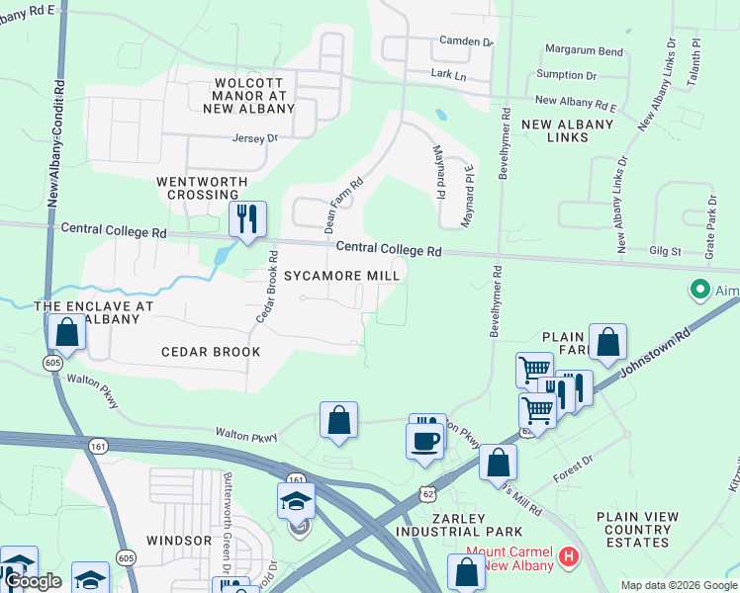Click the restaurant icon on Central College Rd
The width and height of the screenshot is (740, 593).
point(247,219)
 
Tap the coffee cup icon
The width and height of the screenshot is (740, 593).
point(425,440)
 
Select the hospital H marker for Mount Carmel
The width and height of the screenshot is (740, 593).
point(568,557)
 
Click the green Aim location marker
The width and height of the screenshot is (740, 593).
point(700,290)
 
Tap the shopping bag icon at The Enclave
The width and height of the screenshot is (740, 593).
point(67,333)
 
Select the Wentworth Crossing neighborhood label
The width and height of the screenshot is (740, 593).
point(198,189)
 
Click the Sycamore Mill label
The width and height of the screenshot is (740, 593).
point(342,276)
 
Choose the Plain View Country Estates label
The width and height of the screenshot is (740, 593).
point(637,530)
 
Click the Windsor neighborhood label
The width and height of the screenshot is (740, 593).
point(179,541)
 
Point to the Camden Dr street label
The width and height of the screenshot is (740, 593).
point(466,42)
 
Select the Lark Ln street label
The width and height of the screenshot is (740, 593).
point(447,74)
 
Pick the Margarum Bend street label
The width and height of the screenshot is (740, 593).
point(585,50)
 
